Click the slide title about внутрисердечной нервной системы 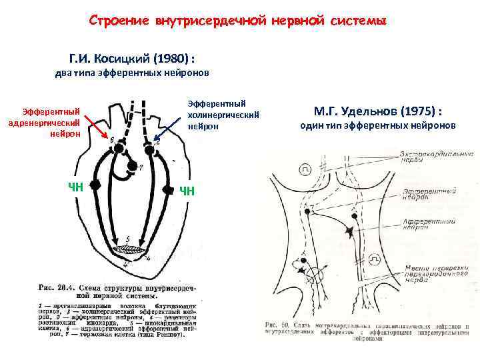pyautogui.click(x=238, y=21)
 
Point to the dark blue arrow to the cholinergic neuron pyautogui.click(x=170, y=129)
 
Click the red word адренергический pyautogui.click(x=44, y=123)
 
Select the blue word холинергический pyautogui.click(x=218, y=114)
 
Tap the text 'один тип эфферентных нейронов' pyautogui.click(x=378, y=126)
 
